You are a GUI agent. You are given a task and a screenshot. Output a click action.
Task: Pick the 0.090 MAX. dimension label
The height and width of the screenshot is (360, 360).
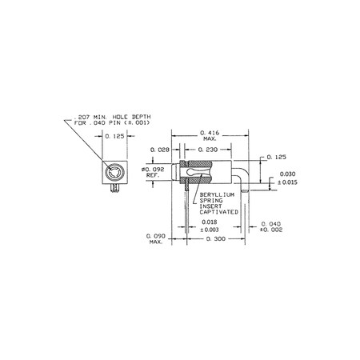(x=157, y=239)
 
